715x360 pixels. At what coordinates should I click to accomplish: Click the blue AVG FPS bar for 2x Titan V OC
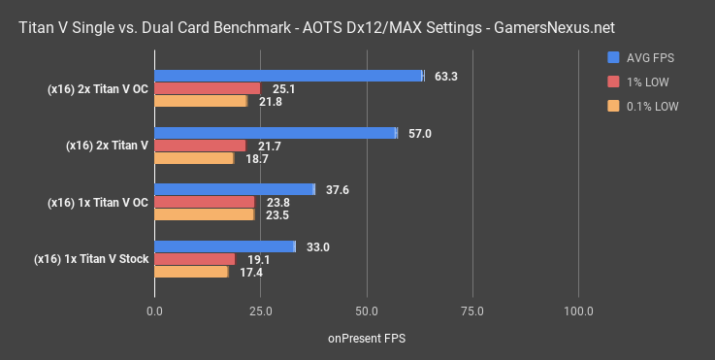click(x=288, y=76)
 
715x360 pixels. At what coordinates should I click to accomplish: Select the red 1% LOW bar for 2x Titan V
click(x=200, y=146)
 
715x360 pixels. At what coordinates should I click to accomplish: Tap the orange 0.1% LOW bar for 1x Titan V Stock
click(x=191, y=273)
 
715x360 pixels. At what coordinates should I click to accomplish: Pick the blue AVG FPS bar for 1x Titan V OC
click(x=234, y=189)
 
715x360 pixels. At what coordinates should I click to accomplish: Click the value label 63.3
click(x=447, y=76)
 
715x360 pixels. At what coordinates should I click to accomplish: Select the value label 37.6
click(x=338, y=189)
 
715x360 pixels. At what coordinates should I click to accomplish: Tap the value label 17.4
click(x=250, y=273)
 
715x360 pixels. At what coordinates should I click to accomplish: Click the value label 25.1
click(x=282, y=88)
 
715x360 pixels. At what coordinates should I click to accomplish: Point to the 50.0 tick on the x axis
click(x=366, y=311)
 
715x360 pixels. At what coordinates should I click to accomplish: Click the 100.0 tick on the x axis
click(x=578, y=311)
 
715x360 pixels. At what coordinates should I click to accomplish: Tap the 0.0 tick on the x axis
click(x=154, y=311)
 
